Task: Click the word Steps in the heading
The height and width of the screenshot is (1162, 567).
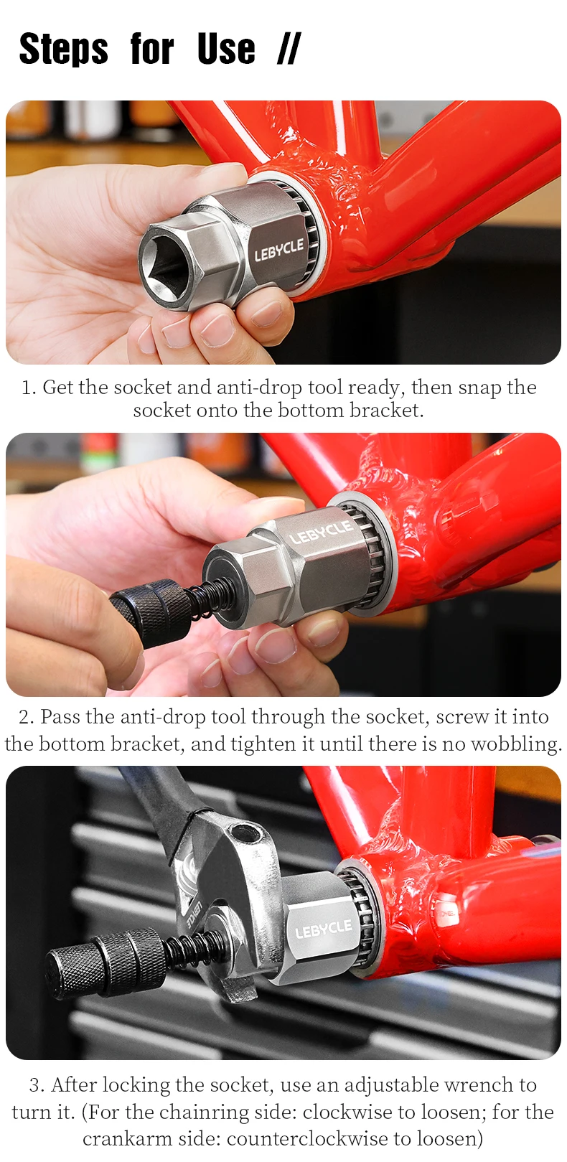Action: click(63, 50)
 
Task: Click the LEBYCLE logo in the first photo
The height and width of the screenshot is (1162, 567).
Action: click(278, 250)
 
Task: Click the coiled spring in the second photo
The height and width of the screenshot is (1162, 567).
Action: click(200, 596)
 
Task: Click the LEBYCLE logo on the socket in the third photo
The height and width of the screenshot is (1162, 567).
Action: click(323, 929)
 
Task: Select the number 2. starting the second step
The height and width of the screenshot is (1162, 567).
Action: click(27, 717)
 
